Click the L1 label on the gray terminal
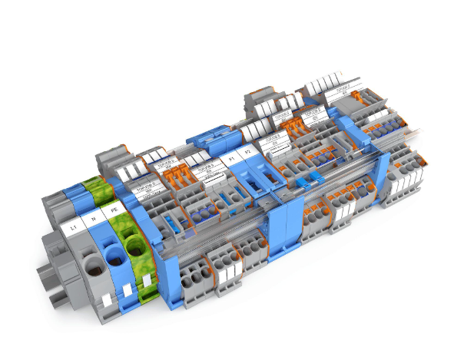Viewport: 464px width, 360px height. (73, 227)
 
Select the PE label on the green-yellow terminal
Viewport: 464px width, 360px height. (115, 208)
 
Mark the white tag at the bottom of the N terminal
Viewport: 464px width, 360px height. (124, 293)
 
